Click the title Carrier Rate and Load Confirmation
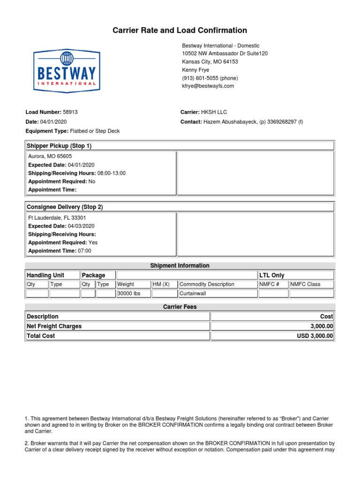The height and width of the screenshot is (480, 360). pos(180,30)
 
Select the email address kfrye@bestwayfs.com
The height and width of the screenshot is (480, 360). pos(208,86)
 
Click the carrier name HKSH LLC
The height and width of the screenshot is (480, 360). pos(214,112)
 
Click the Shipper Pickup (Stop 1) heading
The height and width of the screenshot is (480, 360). pos(59,146)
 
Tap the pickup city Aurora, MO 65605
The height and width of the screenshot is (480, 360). pos(50,157)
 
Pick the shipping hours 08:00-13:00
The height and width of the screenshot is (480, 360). pos(111,173)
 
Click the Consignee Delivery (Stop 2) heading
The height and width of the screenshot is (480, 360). pos(65,207)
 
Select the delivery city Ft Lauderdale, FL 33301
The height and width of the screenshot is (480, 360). pos(57,218)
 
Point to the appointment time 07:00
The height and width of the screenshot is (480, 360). pos(84,251)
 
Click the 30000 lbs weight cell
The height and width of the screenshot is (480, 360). pos(129,294)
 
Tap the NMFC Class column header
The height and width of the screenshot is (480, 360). pos(306,285)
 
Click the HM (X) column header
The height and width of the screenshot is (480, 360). pos(161,285)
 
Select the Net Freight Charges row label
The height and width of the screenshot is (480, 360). pos(54,326)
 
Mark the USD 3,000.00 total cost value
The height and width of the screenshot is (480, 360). pos(315,336)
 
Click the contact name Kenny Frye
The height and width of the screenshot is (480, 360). pos(195,70)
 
